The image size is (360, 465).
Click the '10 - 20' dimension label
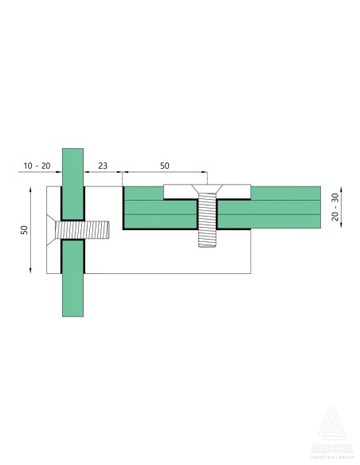point(37,166)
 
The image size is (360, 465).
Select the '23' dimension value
point(103,166)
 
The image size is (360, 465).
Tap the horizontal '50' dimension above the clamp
point(164,166)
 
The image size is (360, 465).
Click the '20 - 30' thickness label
point(335,207)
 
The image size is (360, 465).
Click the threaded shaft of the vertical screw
point(207,223)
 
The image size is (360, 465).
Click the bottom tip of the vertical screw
point(207,246)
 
